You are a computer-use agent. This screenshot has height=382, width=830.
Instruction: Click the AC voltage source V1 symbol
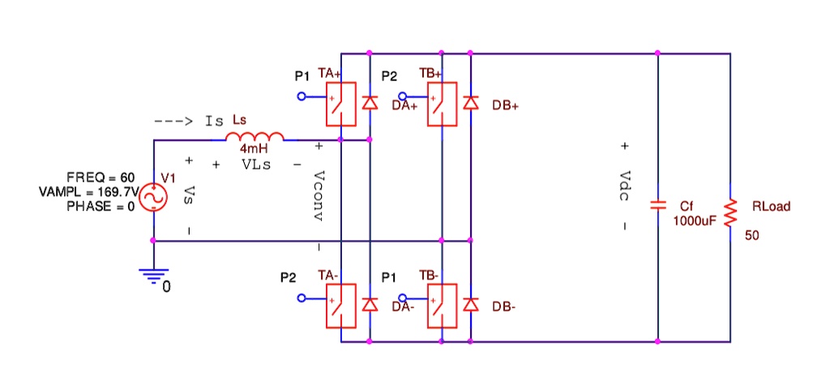(153, 197)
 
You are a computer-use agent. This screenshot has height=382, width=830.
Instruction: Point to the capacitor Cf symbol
(658, 206)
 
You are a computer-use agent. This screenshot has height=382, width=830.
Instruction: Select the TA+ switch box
(341, 104)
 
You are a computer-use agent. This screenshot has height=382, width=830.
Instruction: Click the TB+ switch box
(443, 104)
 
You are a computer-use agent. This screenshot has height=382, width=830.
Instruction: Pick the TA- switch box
(341, 305)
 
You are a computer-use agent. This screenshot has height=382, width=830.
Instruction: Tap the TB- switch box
(443, 305)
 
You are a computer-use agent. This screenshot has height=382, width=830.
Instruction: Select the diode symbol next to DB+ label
(471, 103)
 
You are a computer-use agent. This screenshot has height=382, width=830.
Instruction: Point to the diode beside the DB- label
(471, 305)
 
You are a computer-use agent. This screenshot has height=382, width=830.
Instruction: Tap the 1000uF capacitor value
(695, 221)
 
